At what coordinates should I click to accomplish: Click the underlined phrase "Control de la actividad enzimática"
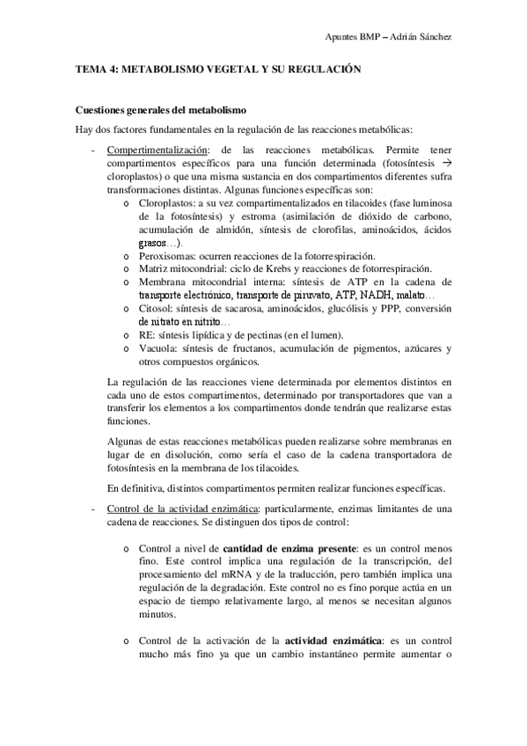180,508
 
